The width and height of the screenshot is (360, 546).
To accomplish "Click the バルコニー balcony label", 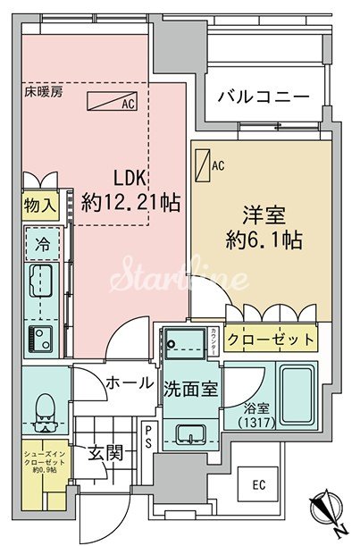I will pyautogui.click(x=263, y=97).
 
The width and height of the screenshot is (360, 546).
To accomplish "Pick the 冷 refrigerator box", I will pyautogui.click(x=42, y=242).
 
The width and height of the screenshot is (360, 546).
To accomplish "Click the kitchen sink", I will pyautogui.click(x=41, y=285).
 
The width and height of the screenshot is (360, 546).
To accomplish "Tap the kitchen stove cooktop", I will pyautogui.click(x=40, y=339).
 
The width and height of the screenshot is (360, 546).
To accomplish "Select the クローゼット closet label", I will pyautogui.click(x=270, y=340).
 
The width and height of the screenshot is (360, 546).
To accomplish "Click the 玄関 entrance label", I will pyautogui.click(x=105, y=453).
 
